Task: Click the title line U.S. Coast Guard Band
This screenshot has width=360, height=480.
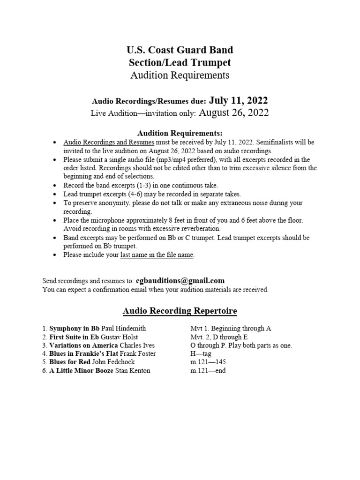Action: point(180,50)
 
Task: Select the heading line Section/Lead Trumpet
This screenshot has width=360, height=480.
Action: point(180,62)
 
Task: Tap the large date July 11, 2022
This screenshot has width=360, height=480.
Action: point(239,100)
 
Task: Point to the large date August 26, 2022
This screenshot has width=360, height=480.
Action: point(234,112)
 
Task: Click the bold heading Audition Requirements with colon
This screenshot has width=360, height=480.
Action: point(180,133)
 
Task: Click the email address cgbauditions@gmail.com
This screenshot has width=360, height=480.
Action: point(180,281)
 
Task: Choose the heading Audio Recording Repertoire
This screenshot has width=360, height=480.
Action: point(180,311)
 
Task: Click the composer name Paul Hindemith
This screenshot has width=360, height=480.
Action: point(124,329)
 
